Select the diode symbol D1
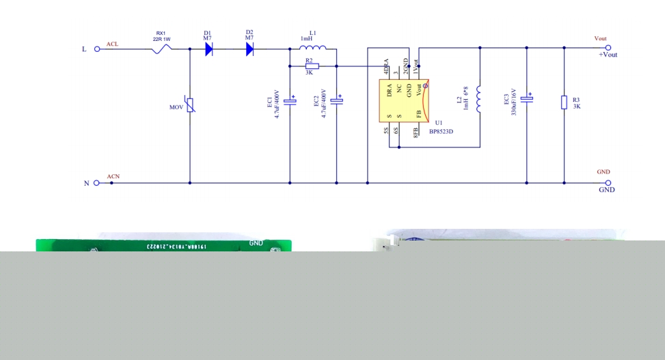click(208, 49)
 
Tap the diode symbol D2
click(249, 49)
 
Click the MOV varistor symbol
click(190, 107)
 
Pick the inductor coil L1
click(313, 48)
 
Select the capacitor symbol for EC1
click(290, 102)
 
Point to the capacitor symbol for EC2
click(337, 102)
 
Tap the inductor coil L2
click(478, 101)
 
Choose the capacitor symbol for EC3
click(527, 100)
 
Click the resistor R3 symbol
click(564, 102)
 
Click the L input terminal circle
click(97, 49)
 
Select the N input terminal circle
click(97, 183)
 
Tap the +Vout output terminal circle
click(607, 48)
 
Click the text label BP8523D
click(442, 132)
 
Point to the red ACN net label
click(113, 177)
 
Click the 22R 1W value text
click(161, 40)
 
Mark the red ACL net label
click(113, 44)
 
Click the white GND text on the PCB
click(256, 243)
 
